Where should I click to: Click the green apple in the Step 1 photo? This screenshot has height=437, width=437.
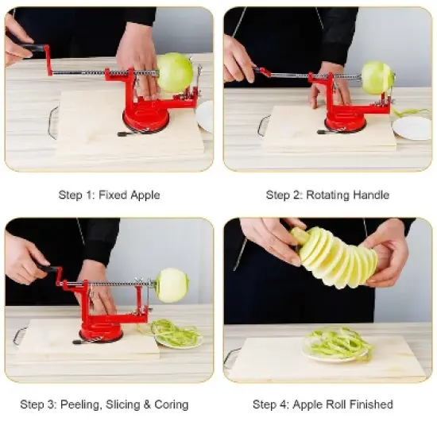(175, 72)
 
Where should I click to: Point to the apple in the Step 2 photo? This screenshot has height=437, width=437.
(377, 78)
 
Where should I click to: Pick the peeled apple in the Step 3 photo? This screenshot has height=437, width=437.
(172, 284)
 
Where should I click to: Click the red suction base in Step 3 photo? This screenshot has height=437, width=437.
(101, 331)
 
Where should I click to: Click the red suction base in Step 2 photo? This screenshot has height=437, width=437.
(346, 121)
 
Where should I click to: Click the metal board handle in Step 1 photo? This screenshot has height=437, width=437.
(52, 122)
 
